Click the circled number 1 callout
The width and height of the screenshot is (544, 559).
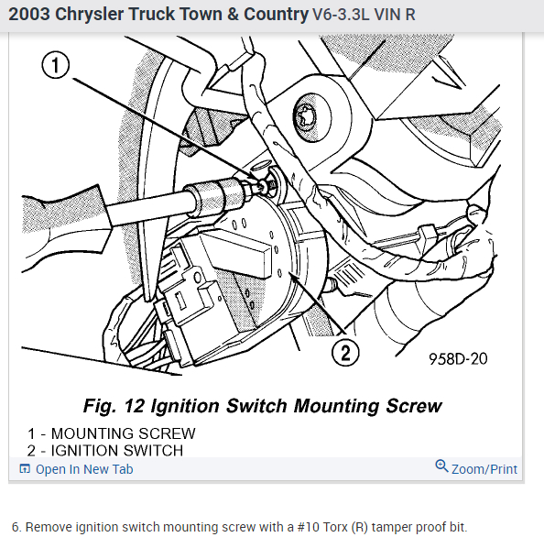[56, 65]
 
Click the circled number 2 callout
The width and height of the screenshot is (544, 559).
[345, 353]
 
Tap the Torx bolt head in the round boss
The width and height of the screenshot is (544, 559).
[305, 116]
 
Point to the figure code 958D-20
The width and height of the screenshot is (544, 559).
[458, 359]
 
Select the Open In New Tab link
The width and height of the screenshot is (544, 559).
[84, 469]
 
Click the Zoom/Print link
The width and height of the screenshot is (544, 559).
[484, 469]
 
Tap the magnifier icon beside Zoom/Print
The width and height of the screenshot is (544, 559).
[441, 466]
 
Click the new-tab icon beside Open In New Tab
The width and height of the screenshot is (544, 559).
[25, 469]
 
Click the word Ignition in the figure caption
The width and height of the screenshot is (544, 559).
[185, 406]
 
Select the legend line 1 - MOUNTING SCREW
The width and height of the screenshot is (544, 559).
[112, 433]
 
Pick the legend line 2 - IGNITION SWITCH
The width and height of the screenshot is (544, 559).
[105, 451]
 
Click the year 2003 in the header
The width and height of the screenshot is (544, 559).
[29, 15]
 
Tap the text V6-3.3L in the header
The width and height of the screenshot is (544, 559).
[341, 15]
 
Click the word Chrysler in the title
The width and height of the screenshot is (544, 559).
[89, 15]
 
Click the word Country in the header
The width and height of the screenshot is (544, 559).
[276, 15]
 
